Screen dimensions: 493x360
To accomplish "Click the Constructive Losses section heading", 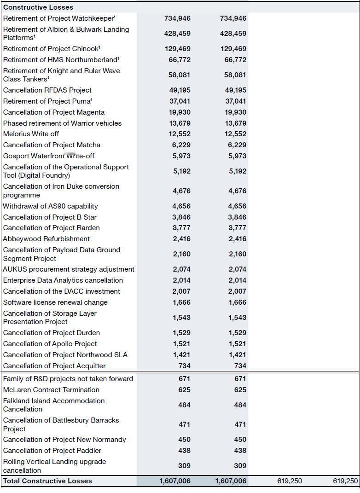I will point(38,7).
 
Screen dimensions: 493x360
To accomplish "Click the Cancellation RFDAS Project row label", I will point(47,90).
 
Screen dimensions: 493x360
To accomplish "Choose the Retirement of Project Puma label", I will point(48,101).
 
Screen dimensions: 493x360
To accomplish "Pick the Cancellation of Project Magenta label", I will point(54,112).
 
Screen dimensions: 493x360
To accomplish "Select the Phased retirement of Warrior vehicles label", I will point(63,123).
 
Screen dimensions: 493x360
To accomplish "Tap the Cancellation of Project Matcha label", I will point(52,145).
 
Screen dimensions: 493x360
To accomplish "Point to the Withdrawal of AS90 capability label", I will point(51,206).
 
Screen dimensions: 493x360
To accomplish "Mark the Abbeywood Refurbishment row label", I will point(46,239).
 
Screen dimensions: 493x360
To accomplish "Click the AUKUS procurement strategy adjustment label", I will point(69,269).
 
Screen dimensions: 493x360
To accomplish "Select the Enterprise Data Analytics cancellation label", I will point(63,280).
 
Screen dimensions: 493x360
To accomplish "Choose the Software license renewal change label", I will point(55,302).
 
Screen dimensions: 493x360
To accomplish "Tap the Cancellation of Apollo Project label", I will point(50,344).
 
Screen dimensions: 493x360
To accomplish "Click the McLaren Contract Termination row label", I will point(51,390).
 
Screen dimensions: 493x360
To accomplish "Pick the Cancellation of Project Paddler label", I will point(52,451).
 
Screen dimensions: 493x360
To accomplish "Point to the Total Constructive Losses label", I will point(47,481).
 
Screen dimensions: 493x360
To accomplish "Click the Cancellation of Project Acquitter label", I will point(54,366).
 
